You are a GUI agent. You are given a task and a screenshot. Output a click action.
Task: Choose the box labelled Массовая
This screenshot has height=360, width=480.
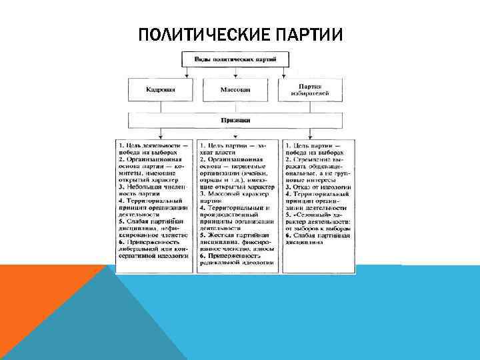[x=235, y=89]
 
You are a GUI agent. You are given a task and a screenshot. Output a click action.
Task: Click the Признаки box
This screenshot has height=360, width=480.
[x=235, y=120]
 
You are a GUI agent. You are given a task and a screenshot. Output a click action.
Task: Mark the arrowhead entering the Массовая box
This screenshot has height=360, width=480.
[x=235, y=78]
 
